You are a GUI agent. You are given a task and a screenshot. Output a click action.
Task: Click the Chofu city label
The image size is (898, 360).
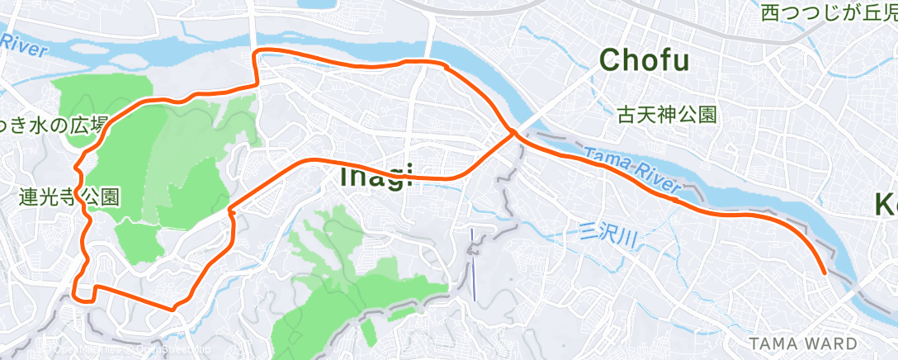[x=644, y=59]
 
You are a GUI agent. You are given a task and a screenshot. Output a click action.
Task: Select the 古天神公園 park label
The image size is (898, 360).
[x=667, y=115]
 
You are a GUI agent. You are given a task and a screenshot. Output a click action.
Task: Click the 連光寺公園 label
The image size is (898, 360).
[x=70, y=197]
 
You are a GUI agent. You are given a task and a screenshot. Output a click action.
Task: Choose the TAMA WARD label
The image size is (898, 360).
[x=803, y=343]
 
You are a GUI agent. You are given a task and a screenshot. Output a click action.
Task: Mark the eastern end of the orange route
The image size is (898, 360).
[x=825, y=272]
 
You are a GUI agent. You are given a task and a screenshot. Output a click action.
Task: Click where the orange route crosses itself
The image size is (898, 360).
[x=514, y=132]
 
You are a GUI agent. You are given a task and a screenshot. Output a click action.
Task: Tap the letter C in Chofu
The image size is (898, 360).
[x=610, y=59]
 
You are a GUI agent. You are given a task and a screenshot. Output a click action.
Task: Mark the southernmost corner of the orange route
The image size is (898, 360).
[x=173, y=309]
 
